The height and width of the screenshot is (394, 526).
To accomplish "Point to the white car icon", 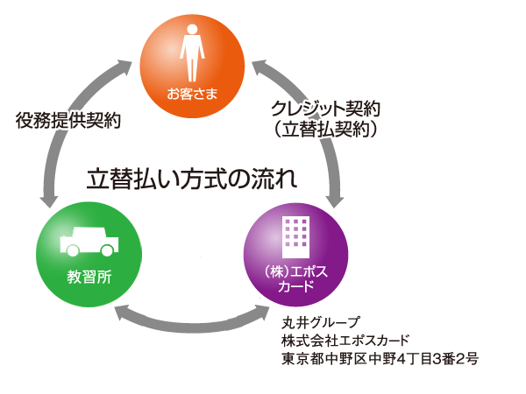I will point(85,241).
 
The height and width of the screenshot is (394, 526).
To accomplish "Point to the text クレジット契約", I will point(325,111).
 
